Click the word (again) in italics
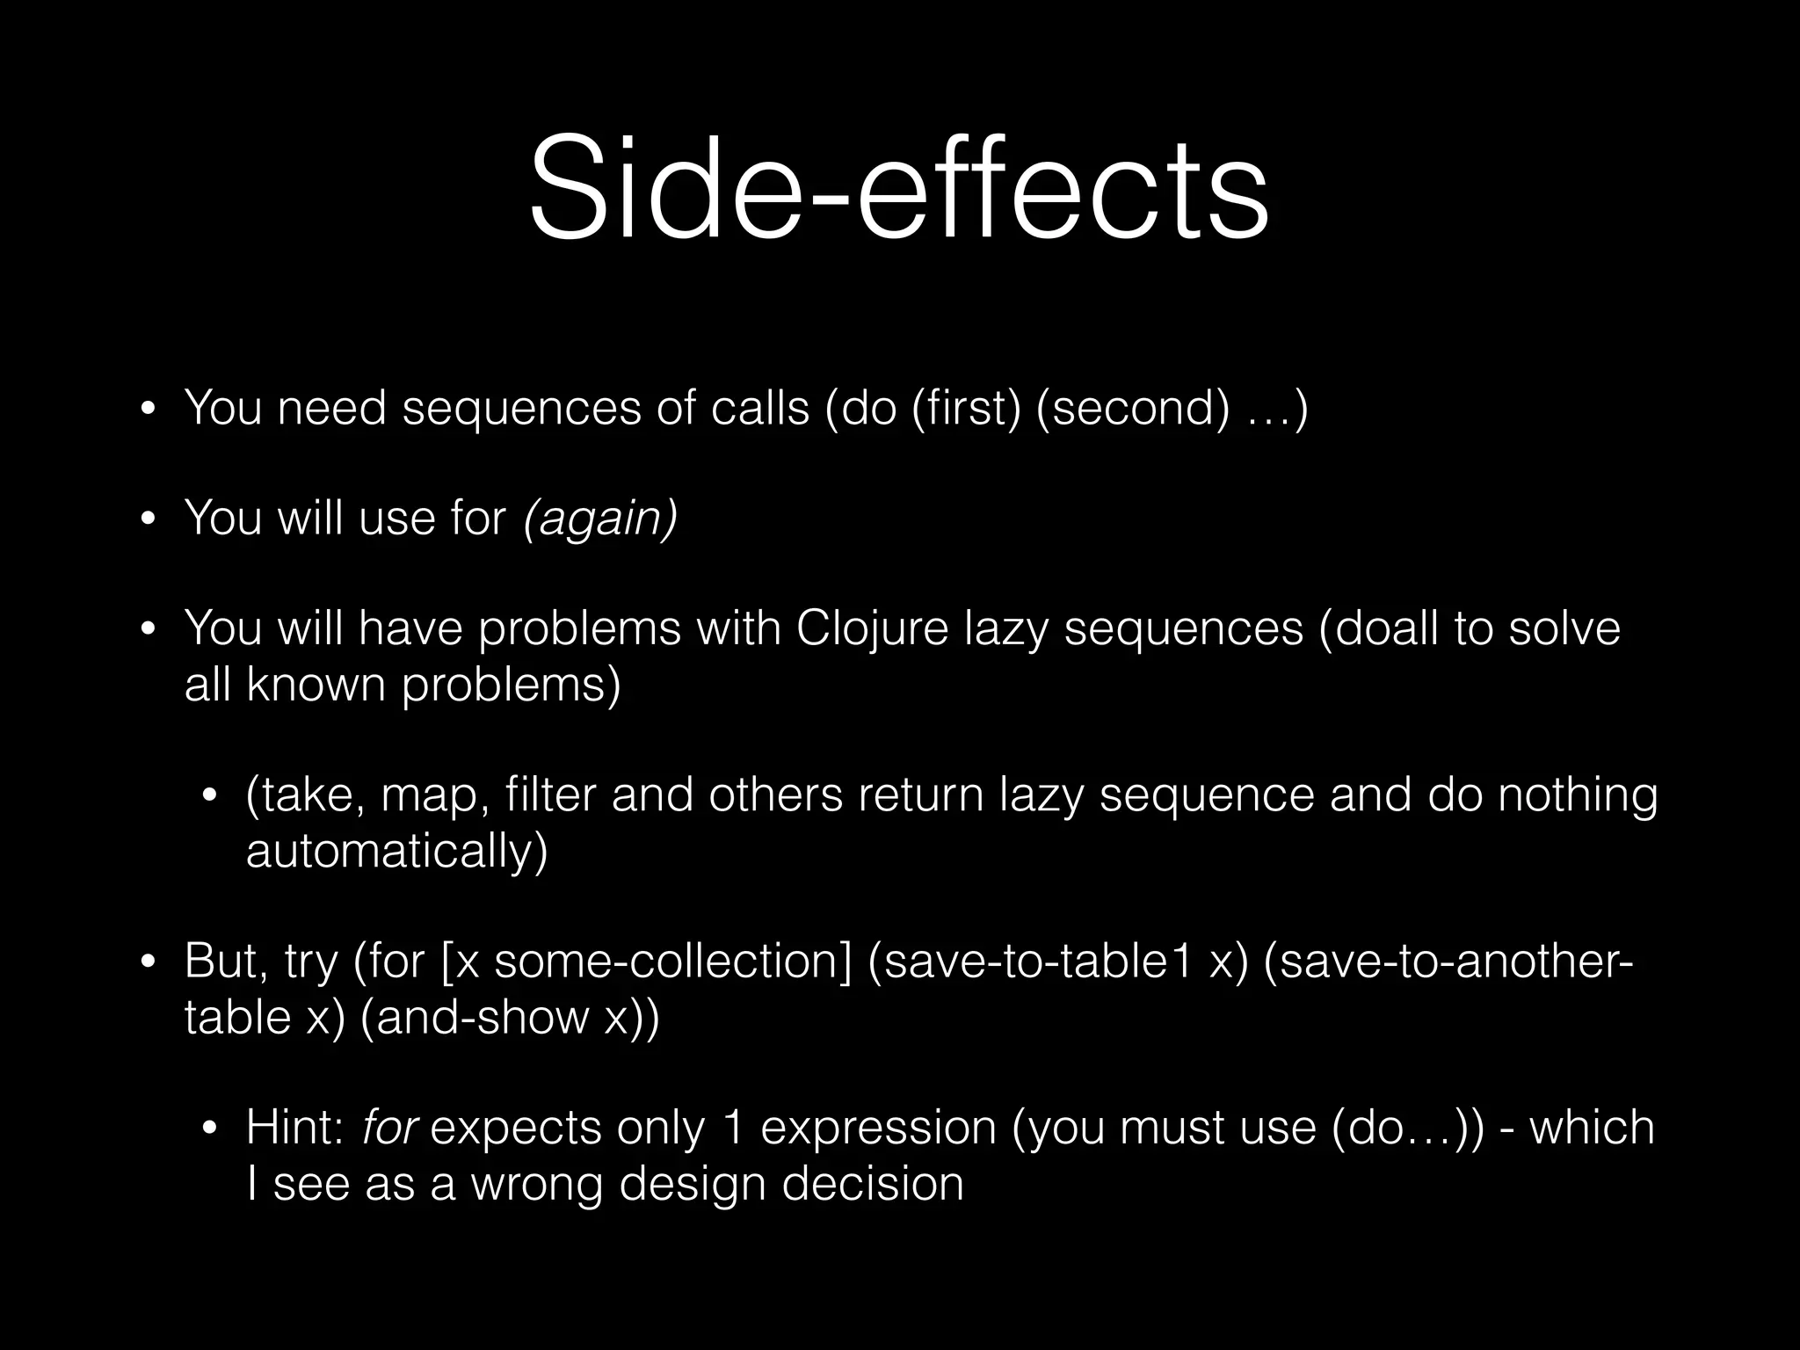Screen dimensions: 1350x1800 pos(600,518)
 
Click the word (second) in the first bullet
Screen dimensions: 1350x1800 pos(1134,409)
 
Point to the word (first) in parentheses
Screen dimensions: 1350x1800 pos(967,409)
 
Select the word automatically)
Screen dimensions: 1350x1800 pos(396,851)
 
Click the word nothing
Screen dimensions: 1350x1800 pos(1578,795)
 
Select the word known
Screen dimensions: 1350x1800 pos(316,685)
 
